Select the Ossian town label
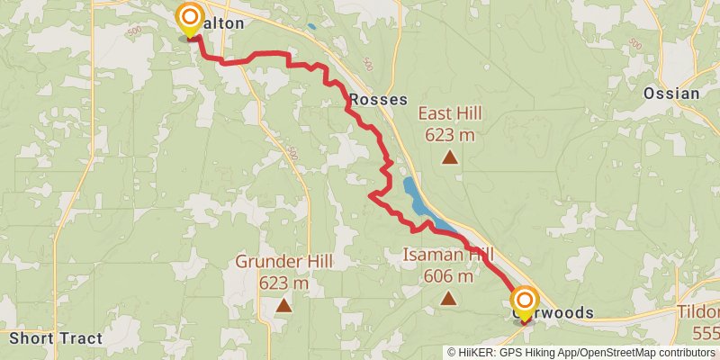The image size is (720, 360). (671, 94)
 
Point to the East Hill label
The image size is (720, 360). (450, 114)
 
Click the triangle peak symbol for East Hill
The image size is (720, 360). (450, 158)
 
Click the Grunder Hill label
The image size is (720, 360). (284, 262)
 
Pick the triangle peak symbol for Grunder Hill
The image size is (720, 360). (284, 305)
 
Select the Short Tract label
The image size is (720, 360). (56, 338)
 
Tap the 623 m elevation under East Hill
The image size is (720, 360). (450, 135)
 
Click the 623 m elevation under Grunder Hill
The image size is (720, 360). (284, 283)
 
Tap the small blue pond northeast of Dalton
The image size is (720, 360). (311, 27)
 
